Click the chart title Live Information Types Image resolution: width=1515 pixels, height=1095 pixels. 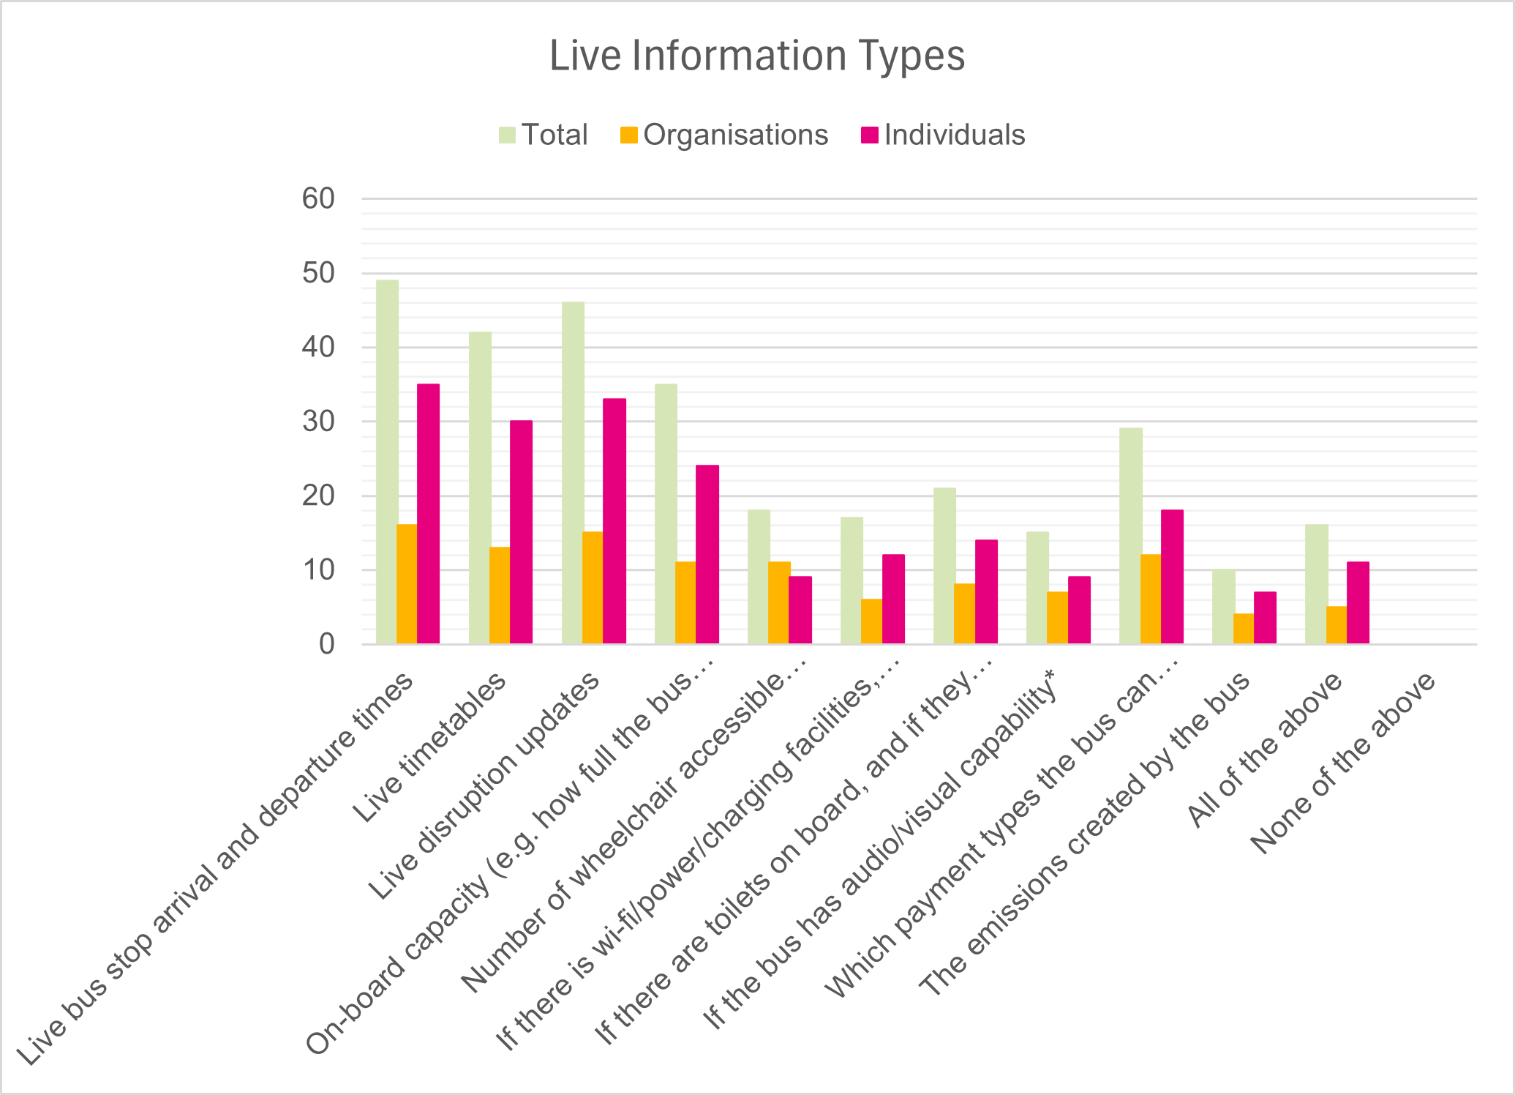757,56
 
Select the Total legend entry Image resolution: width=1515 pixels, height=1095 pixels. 543,135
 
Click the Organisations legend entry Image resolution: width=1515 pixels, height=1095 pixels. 724,135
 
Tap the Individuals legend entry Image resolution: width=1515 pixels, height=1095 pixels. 944,135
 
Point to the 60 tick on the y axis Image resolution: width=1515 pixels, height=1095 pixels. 318,198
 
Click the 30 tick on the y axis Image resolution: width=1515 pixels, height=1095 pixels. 318,422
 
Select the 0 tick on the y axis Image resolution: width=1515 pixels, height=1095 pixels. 326,644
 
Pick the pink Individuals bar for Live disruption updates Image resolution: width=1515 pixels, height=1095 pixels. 614,521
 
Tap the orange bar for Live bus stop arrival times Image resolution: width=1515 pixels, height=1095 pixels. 407,584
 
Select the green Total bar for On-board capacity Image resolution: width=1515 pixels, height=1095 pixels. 666,514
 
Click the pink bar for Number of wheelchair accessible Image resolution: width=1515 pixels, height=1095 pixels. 800,610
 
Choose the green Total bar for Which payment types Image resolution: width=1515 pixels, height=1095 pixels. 1130,536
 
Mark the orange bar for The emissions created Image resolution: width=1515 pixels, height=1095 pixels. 1244,629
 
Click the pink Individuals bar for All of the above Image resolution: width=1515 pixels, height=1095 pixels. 1358,603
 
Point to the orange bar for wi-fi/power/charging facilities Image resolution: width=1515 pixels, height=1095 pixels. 871,621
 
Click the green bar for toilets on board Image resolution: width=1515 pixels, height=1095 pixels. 944,566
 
